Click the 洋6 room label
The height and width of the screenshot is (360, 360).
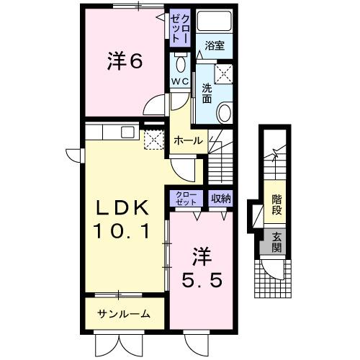125,63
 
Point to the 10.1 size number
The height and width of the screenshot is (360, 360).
123,232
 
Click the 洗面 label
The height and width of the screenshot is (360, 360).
207,92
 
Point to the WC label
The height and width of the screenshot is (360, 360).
179,81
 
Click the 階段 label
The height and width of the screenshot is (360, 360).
276,205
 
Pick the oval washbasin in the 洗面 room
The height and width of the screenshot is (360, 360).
224,113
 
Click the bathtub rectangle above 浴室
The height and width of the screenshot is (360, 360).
214,22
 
